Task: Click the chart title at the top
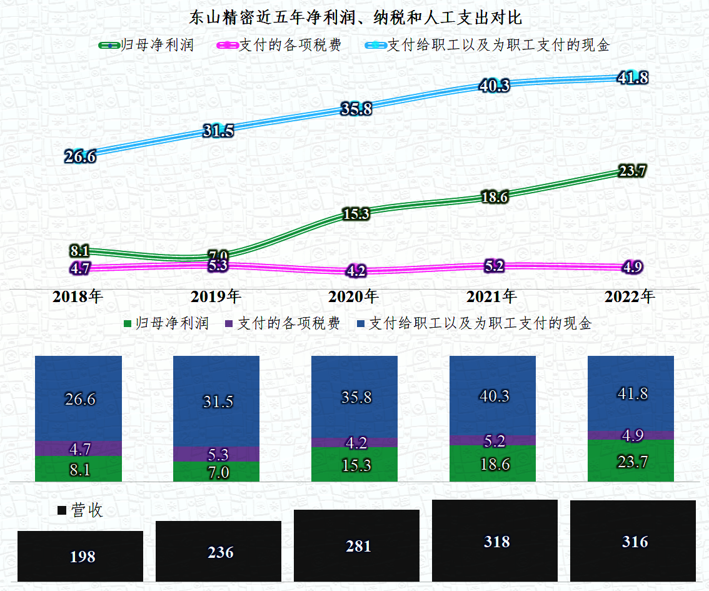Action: click(x=355, y=17)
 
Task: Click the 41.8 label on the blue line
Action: click(x=632, y=78)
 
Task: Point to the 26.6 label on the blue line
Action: click(x=80, y=156)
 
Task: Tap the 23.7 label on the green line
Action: click(x=631, y=171)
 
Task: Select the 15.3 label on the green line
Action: click(x=356, y=214)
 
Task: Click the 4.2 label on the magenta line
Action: click(x=356, y=271)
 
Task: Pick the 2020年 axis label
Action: click(x=354, y=296)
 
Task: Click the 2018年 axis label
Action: click(x=78, y=296)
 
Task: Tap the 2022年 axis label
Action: click(x=630, y=296)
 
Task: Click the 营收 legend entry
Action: click(x=81, y=510)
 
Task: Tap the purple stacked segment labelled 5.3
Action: click(x=216, y=454)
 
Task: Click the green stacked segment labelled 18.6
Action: click(x=493, y=463)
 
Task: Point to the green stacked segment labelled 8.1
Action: click(x=78, y=469)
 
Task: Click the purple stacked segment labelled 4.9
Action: click(x=631, y=435)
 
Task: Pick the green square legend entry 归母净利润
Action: click(x=166, y=323)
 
